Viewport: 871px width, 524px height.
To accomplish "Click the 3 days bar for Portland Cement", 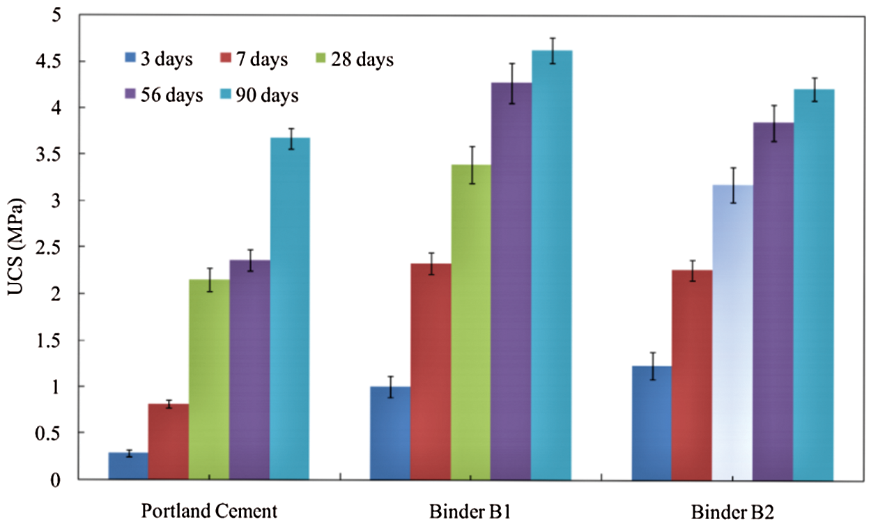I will tap(128, 465).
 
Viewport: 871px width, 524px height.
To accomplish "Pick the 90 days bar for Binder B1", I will tap(552, 265).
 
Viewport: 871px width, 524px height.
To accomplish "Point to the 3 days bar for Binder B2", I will tap(652, 422).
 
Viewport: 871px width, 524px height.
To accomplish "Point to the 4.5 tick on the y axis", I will tap(47, 61).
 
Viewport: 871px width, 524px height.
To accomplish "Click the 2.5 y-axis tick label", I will tap(47, 247).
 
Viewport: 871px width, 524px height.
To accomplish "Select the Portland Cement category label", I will tap(209, 511).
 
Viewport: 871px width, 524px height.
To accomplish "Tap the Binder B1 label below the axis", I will tap(471, 511).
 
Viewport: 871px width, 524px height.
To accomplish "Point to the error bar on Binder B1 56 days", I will tap(511, 83).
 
